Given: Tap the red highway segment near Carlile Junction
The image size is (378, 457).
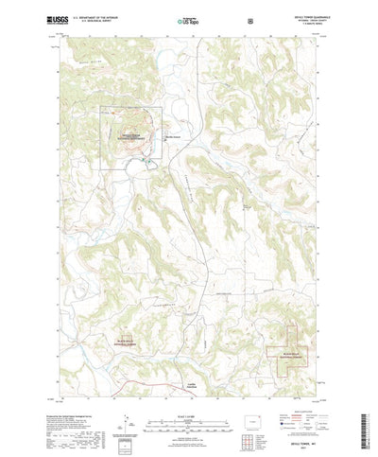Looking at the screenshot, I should click(x=180, y=362).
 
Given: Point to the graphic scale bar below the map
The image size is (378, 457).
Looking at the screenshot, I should click(x=188, y=395).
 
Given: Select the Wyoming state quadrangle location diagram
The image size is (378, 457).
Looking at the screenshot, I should click(x=258, y=394).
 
